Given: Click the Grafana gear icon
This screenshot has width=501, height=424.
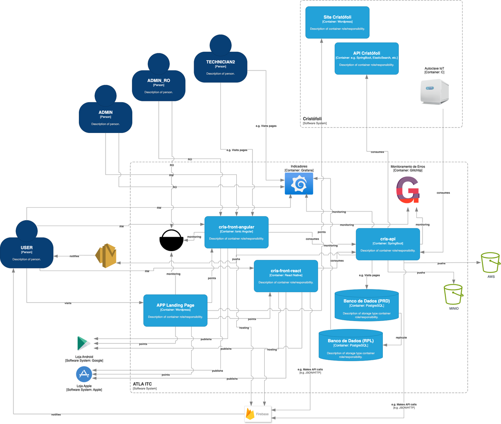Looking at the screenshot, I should click(299, 184).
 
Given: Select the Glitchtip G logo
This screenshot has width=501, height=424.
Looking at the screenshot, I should click(407, 190).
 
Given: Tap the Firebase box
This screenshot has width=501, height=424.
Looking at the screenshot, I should click(258, 414).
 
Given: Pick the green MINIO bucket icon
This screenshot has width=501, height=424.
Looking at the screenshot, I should click(453, 294).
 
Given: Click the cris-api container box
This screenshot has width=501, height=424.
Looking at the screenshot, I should click(388, 244).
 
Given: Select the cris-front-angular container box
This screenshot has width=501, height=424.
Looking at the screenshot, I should click(236, 232).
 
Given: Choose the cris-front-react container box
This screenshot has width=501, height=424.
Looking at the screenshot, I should click(286, 276).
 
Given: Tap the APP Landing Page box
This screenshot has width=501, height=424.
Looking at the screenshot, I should click(175, 311).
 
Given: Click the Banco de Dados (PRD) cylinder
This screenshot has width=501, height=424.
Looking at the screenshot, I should click(367, 306).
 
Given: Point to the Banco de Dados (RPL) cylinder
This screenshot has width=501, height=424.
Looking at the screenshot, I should click(351, 345).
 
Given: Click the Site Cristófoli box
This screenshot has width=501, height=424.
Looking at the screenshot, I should click(337, 23).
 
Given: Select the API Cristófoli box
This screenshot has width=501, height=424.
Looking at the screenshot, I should click(367, 58).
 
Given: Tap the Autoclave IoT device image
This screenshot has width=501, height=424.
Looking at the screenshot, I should click(435, 92).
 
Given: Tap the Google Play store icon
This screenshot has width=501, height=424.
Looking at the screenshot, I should click(83, 344).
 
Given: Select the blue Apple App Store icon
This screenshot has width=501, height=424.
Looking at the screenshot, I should click(84, 374).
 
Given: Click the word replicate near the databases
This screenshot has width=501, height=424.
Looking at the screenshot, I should click(401, 337).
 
